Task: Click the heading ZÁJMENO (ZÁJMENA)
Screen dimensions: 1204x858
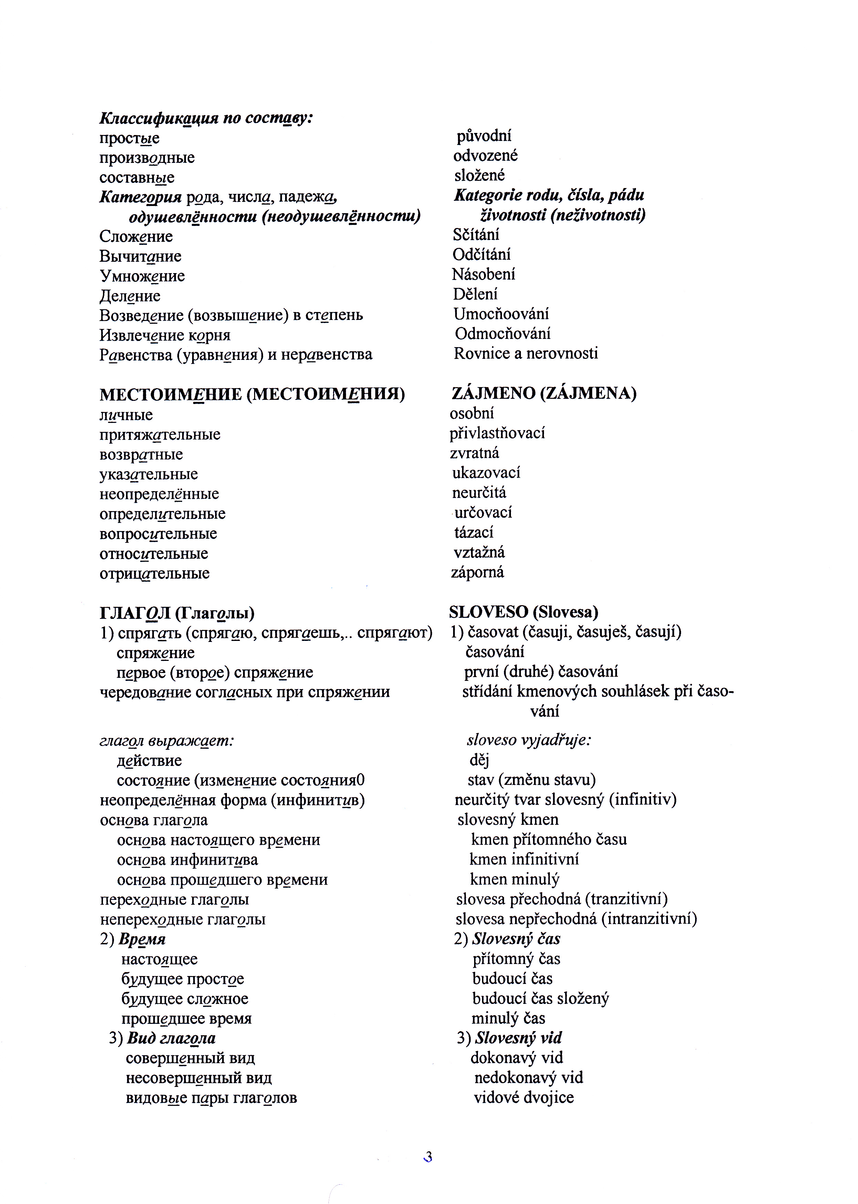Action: point(544,393)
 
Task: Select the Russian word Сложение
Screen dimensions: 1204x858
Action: point(136,236)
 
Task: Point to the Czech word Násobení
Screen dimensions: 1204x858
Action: point(483,274)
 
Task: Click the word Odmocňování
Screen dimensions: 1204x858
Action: point(502,333)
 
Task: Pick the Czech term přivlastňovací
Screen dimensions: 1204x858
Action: point(497,433)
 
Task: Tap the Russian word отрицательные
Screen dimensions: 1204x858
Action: point(154,573)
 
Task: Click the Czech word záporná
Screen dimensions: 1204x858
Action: point(477,572)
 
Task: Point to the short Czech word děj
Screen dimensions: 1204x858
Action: point(479,760)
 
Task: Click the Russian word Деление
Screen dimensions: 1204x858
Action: point(129,296)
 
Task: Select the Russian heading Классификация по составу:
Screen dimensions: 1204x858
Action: point(206,118)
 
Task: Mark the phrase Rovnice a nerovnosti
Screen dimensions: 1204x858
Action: point(526,354)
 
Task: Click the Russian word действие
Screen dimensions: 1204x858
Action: point(149,760)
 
